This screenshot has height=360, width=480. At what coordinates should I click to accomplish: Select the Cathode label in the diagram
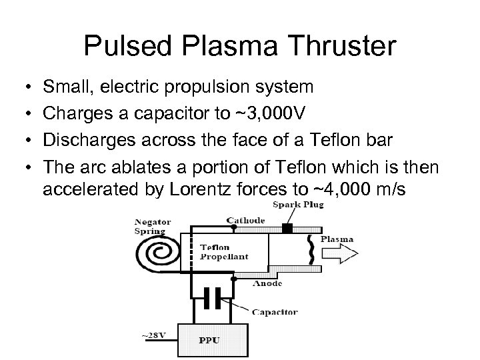pos(245,220)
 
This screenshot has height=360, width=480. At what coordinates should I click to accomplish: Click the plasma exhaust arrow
pos(341,254)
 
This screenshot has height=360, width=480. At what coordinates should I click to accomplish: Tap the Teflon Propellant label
pos(224,251)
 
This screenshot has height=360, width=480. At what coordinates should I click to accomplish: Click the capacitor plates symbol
pos(212,299)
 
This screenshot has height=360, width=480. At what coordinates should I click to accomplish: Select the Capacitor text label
pos(275,311)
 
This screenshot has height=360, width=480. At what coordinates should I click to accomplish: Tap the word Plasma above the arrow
pos(337,239)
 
